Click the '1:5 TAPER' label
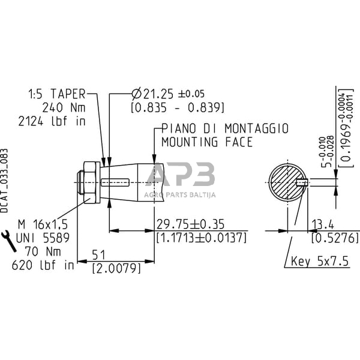pos(57,94)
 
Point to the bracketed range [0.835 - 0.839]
pos(178,107)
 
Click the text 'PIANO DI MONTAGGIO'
pos(225,129)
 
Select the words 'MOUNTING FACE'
pos(207,142)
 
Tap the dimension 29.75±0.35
pos(190,224)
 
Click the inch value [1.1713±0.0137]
pos(201,238)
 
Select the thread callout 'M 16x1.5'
pos(44,224)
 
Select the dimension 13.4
pos(322,224)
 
